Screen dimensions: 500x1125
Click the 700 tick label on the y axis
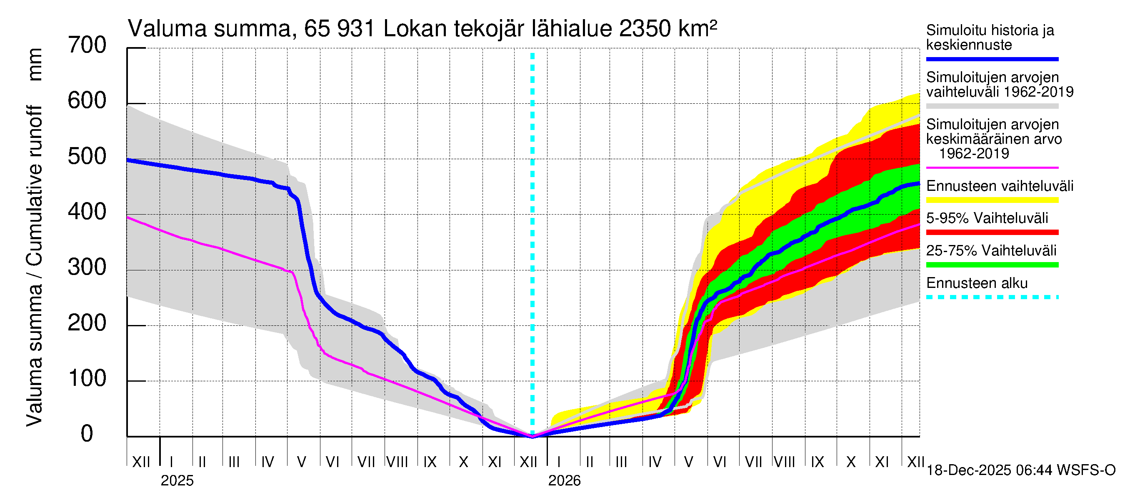[87, 45]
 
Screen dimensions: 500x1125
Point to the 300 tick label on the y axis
[87, 267]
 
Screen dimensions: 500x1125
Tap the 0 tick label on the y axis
[87, 434]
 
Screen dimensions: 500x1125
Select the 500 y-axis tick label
[87, 156]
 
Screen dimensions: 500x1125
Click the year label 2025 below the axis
[177, 481]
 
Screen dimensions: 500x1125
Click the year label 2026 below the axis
[564, 481]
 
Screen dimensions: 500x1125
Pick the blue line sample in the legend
[992, 59]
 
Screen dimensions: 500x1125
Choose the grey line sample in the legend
[992, 106]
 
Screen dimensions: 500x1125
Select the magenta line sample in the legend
[992, 167]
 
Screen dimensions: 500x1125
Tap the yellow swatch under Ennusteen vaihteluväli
[992, 200]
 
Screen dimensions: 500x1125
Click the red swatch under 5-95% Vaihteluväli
[992, 232]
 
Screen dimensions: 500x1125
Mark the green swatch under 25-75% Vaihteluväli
[992, 265]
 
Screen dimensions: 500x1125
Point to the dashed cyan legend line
[992, 297]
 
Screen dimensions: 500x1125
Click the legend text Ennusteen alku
[977, 283]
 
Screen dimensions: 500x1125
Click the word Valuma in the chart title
[167, 29]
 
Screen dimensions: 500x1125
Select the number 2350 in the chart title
[645, 29]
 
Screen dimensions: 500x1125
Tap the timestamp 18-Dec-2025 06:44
[991, 470]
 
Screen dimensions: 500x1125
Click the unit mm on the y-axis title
[35, 65]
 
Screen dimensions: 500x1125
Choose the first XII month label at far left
[141, 462]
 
